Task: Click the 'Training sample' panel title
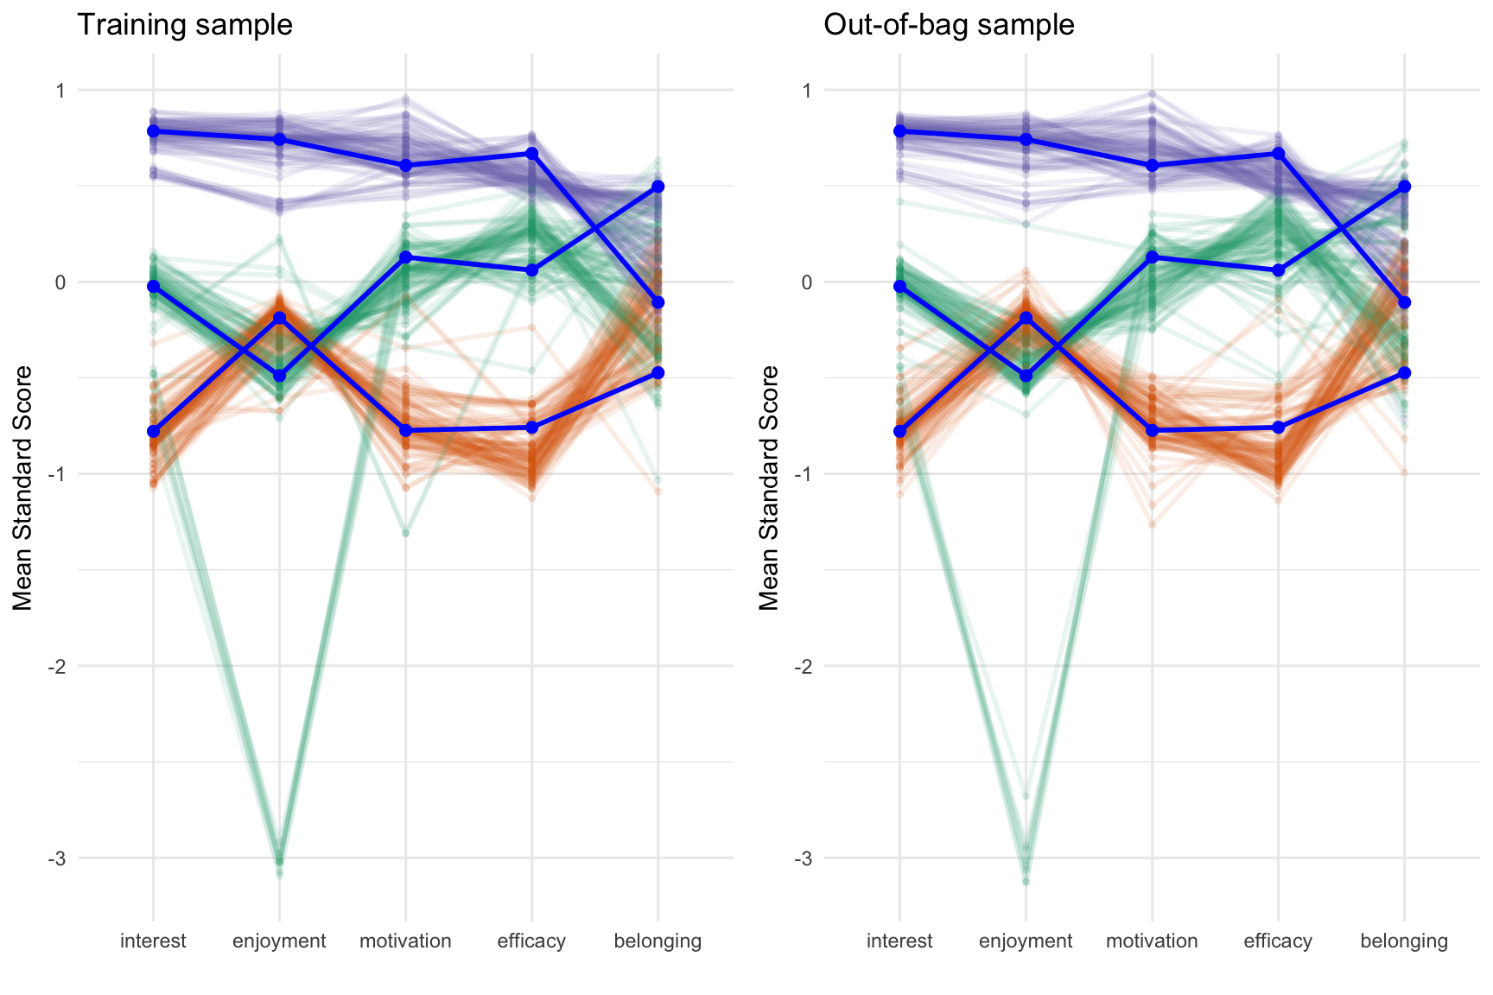click(x=185, y=24)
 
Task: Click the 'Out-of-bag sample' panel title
click(x=949, y=24)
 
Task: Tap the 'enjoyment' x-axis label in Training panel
click(x=279, y=941)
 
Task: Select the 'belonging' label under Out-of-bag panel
click(x=1404, y=941)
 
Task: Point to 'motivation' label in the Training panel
click(x=405, y=941)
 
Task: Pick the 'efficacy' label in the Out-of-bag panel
click(x=1278, y=941)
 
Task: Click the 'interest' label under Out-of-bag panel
click(x=899, y=941)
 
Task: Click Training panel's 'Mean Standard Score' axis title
click(x=23, y=488)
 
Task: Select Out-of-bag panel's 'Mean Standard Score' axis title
click(x=770, y=488)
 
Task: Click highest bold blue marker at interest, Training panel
click(x=154, y=131)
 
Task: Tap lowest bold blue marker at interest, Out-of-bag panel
click(x=899, y=431)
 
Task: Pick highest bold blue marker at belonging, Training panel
click(x=658, y=187)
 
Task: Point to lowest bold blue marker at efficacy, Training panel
click(x=532, y=428)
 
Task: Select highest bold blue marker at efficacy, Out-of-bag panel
click(x=1278, y=154)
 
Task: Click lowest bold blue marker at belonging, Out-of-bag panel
click(x=1404, y=373)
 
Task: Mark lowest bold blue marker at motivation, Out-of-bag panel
click(x=1152, y=430)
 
